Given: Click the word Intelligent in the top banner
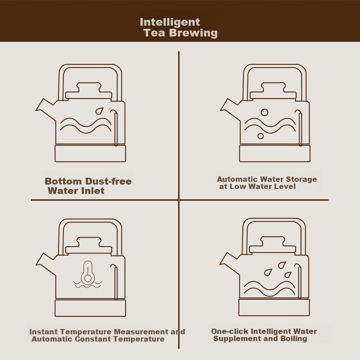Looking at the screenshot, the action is click(170, 22).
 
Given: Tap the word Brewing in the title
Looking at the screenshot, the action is click(193, 33).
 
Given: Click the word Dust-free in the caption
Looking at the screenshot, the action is click(108, 181).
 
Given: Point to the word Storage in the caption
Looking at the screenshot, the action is click(301, 179).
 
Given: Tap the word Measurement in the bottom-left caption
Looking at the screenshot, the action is click(141, 332).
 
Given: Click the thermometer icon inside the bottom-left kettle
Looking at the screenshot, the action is click(88, 272).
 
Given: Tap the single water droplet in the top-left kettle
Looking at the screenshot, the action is click(99, 111).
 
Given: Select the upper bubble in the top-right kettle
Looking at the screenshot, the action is click(265, 112).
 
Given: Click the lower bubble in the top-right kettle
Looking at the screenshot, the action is click(261, 136).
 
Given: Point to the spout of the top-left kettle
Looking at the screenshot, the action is click(46, 109).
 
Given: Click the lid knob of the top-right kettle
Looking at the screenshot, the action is click(274, 87).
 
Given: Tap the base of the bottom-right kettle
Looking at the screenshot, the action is click(274, 307).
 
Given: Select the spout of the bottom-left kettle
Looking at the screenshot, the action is click(46, 264).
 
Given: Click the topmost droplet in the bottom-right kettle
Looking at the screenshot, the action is click(282, 265).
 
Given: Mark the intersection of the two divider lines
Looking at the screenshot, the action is click(179, 200).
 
